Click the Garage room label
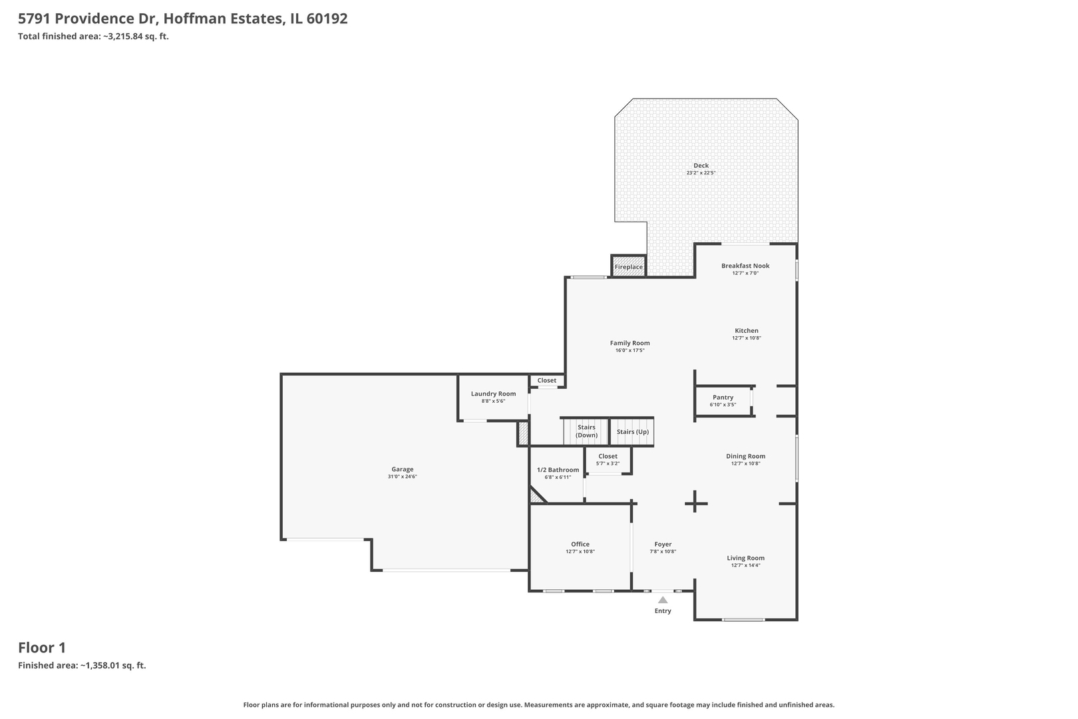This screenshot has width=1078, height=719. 403,469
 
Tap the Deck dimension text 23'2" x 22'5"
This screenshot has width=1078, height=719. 701,173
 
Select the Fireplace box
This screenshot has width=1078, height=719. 629,266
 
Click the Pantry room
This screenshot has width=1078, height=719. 723,401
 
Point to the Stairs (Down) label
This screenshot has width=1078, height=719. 587,431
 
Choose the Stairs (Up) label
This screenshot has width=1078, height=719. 633,432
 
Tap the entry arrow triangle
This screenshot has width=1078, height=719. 663,600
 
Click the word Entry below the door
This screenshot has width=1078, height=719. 663,610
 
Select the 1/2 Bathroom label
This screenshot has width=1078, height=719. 558,470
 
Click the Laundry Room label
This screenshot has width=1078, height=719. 493,394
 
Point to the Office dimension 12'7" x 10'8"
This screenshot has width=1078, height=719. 580,552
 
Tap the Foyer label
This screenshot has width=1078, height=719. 663,544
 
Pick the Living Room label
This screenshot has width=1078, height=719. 745,558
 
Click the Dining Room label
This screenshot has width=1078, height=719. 745,456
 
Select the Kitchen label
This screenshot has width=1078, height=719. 747,330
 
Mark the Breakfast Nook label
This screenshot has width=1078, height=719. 745,266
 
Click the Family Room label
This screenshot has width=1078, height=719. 630,343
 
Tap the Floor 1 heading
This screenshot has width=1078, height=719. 42,648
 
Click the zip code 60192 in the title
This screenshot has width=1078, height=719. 327,18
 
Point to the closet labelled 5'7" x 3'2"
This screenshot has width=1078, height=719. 608,461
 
